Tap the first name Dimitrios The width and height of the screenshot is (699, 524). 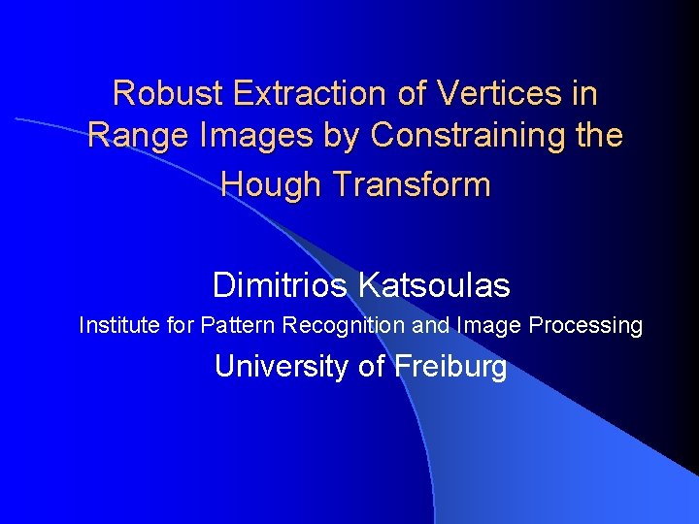(x=281, y=285)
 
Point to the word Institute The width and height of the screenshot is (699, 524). (x=120, y=325)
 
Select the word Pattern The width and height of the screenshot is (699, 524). (x=239, y=325)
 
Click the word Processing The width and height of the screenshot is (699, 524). (x=586, y=325)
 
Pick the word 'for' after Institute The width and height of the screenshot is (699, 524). (x=182, y=325)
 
